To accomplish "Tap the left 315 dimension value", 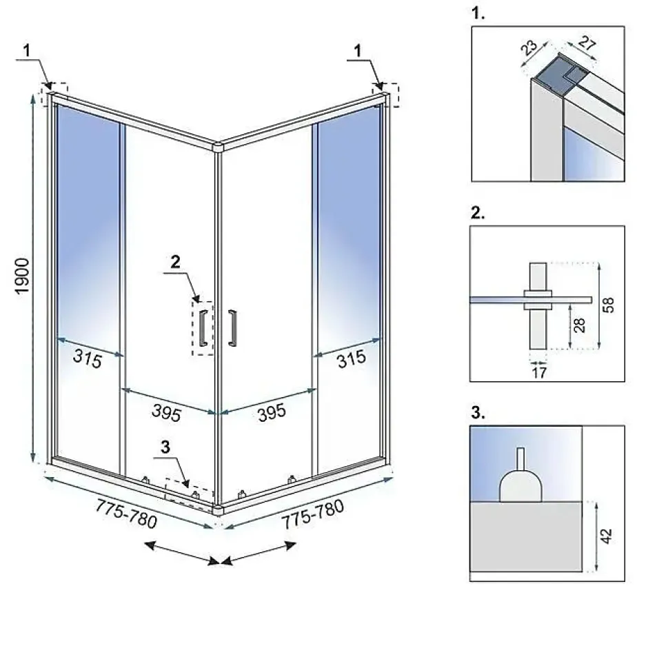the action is click(x=87, y=358).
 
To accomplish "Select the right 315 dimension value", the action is click(x=352, y=358).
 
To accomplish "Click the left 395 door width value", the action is click(x=167, y=412).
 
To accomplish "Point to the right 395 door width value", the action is click(x=272, y=412).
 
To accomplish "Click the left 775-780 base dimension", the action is click(x=126, y=514).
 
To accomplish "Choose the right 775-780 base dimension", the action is click(x=313, y=514).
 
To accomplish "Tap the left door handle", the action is click(x=203, y=328).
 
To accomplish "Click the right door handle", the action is click(x=233, y=328).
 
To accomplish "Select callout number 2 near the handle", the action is click(x=176, y=262).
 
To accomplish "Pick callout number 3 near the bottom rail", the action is click(x=165, y=447).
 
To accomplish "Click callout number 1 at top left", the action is click(x=27, y=50).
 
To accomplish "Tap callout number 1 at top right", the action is click(x=358, y=50).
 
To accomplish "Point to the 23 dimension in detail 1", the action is click(x=529, y=48).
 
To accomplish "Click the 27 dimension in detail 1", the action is click(x=587, y=43).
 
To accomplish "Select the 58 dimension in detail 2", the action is click(x=608, y=305).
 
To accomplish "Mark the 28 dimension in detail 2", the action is click(x=579, y=325).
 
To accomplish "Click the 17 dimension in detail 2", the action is click(x=539, y=373).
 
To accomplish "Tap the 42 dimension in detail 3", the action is click(x=606, y=536).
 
